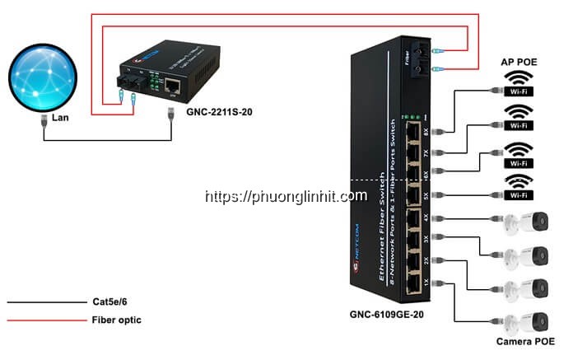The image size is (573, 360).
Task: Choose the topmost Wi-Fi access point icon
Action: tap(518, 83)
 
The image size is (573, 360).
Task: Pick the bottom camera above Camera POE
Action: tap(527, 320)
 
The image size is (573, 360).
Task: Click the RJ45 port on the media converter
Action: tap(174, 84)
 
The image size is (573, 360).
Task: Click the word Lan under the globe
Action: tap(60, 119)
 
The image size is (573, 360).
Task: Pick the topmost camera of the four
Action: tap(527, 221)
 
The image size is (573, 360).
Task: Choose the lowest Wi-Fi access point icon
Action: tap(518, 188)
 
